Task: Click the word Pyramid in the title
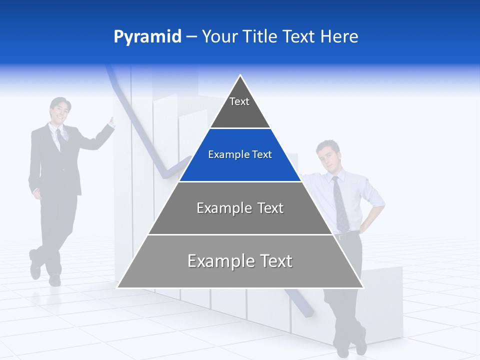pyautogui.click(x=147, y=37)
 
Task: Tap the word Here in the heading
pyautogui.click(x=339, y=36)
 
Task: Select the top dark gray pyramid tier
pyautogui.click(x=240, y=112)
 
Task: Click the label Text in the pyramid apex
pyautogui.click(x=239, y=101)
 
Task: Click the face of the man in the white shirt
pyautogui.click(x=328, y=157)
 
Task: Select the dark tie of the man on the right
pyautogui.click(x=340, y=200)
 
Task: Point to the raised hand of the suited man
pyautogui.click(x=111, y=122)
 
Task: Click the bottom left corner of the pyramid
pyautogui.click(x=118, y=287)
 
